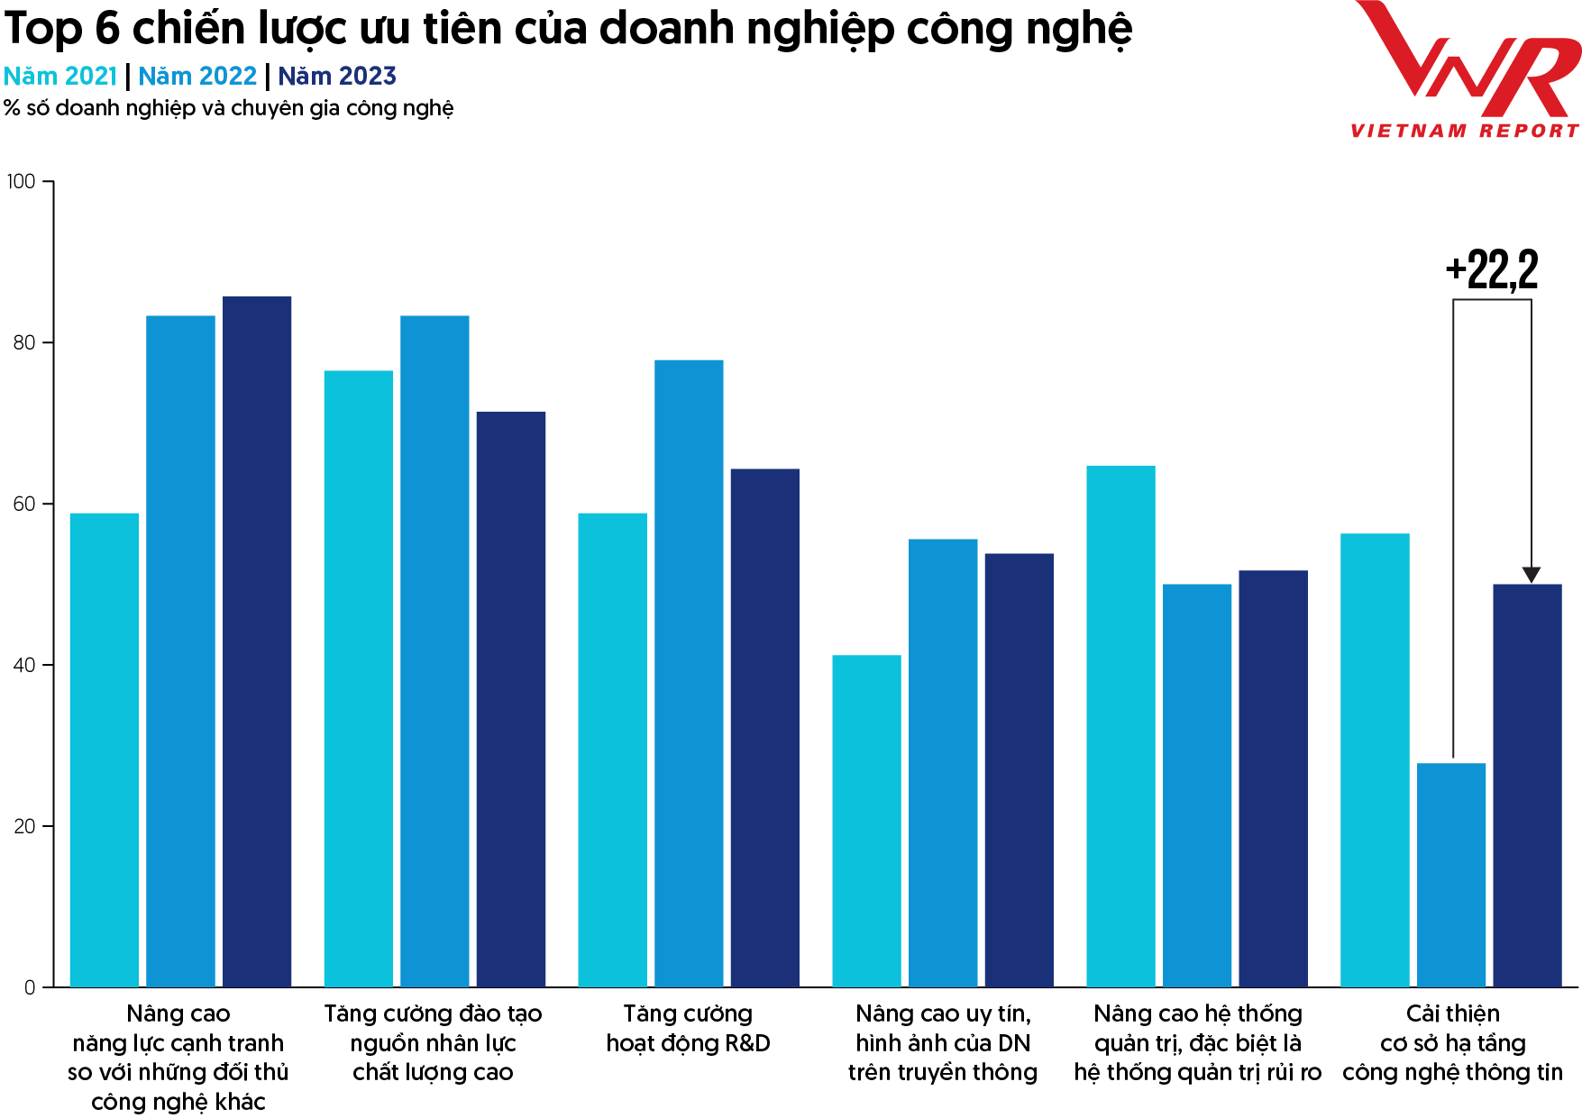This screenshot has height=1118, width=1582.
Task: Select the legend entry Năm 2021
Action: [x=60, y=77]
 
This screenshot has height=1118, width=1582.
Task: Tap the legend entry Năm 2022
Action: [x=197, y=77]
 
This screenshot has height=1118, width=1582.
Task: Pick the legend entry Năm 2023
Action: [x=337, y=77]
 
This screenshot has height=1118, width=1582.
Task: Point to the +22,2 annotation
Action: [x=1492, y=269]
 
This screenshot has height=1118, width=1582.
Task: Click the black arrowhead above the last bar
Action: [x=1531, y=575]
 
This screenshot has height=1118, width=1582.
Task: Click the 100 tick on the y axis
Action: [x=21, y=182]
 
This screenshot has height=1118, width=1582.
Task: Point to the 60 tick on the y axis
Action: [x=24, y=504]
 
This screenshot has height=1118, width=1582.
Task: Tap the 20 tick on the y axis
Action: [x=24, y=826]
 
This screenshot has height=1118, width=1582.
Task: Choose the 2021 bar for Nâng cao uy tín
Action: [x=866, y=821]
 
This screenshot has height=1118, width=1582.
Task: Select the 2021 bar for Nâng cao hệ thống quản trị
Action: [x=1120, y=726]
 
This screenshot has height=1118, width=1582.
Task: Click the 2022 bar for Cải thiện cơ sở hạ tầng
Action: [x=1451, y=875]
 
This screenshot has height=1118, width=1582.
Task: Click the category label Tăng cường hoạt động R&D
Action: [x=688, y=1028]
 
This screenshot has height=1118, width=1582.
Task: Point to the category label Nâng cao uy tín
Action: [x=943, y=1042]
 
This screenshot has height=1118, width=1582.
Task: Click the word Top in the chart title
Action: [x=43, y=29]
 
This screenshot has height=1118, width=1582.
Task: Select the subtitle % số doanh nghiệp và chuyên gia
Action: [x=228, y=108]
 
